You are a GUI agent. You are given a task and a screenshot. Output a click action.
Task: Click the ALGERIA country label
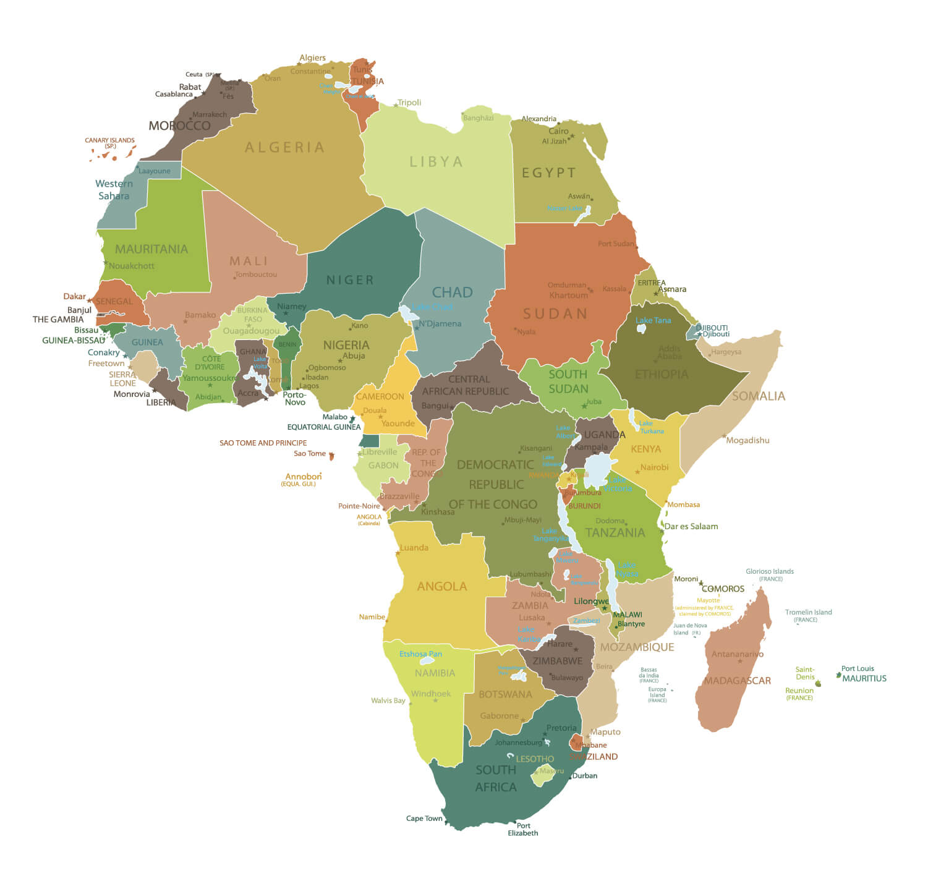click(284, 148)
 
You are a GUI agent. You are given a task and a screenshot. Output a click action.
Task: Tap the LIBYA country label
click(436, 162)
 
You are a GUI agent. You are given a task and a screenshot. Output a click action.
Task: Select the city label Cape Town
click(424, 819)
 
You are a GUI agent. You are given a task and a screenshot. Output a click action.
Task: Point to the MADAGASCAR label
click(737, 681)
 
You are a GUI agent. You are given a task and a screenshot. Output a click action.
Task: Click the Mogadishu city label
click(747, 441)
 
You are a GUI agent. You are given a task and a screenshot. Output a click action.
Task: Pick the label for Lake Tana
click(653, 320)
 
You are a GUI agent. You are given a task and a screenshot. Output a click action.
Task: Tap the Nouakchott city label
click(131, 266)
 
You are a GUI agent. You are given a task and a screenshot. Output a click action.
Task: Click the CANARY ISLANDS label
click(109, 141)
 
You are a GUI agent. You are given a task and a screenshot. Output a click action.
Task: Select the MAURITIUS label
click(864, 679)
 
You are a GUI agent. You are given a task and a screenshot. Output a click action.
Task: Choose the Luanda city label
click(414, 548)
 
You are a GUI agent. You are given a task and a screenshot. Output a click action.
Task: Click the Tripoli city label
click(409, 103)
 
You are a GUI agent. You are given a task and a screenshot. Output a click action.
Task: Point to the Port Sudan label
click(616, 244)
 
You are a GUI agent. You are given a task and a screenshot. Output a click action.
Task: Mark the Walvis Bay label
click(388, 700)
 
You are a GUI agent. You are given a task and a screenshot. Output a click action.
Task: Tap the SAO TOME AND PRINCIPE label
click(263, 443)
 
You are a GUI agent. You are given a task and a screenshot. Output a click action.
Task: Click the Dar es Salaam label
click(691, 527)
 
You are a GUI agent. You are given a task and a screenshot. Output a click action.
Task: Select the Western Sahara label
click(114, 190)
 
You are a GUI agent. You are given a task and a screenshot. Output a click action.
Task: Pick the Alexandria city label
click(538, 119)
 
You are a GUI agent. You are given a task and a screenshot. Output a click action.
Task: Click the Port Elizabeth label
click(523, 830)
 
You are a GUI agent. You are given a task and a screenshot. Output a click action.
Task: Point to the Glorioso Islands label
click(770, 572)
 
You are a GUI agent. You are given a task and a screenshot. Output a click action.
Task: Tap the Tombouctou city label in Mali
click(256, 275)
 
